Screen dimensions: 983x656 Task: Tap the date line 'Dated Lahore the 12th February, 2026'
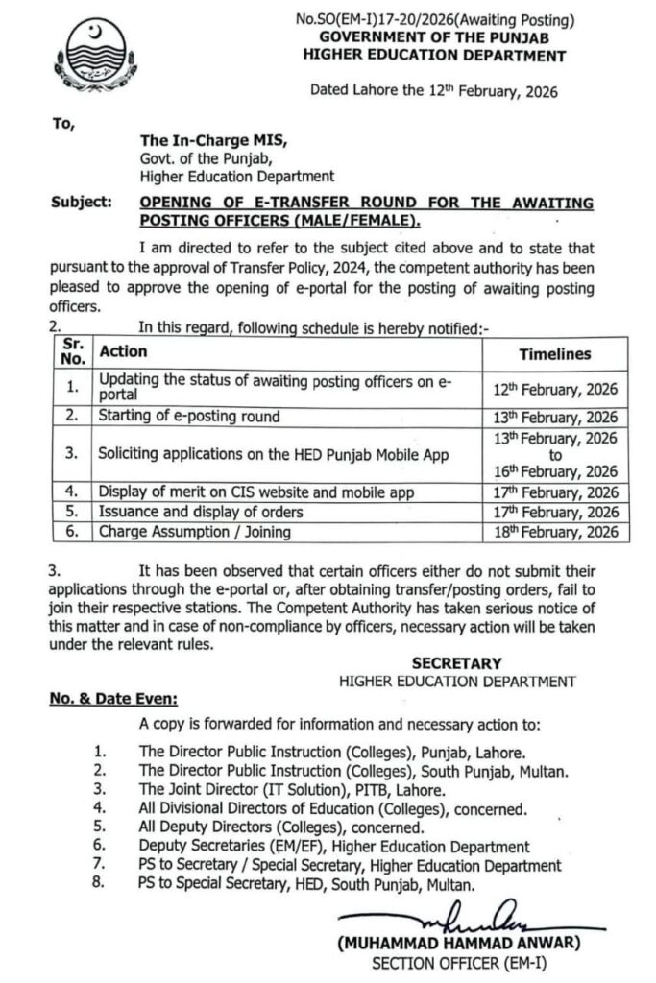click(433, 92)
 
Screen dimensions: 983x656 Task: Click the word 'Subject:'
click(81, 203)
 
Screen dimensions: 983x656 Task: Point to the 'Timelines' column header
click(554, 354)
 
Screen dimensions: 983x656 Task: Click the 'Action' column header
click(122, 352)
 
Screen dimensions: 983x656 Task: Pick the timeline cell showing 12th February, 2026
click(554, 389)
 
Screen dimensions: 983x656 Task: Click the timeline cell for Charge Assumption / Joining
click(554, 532)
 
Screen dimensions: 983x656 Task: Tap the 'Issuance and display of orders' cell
click(201, 512)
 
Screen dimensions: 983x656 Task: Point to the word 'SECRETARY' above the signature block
click(456, 663)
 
